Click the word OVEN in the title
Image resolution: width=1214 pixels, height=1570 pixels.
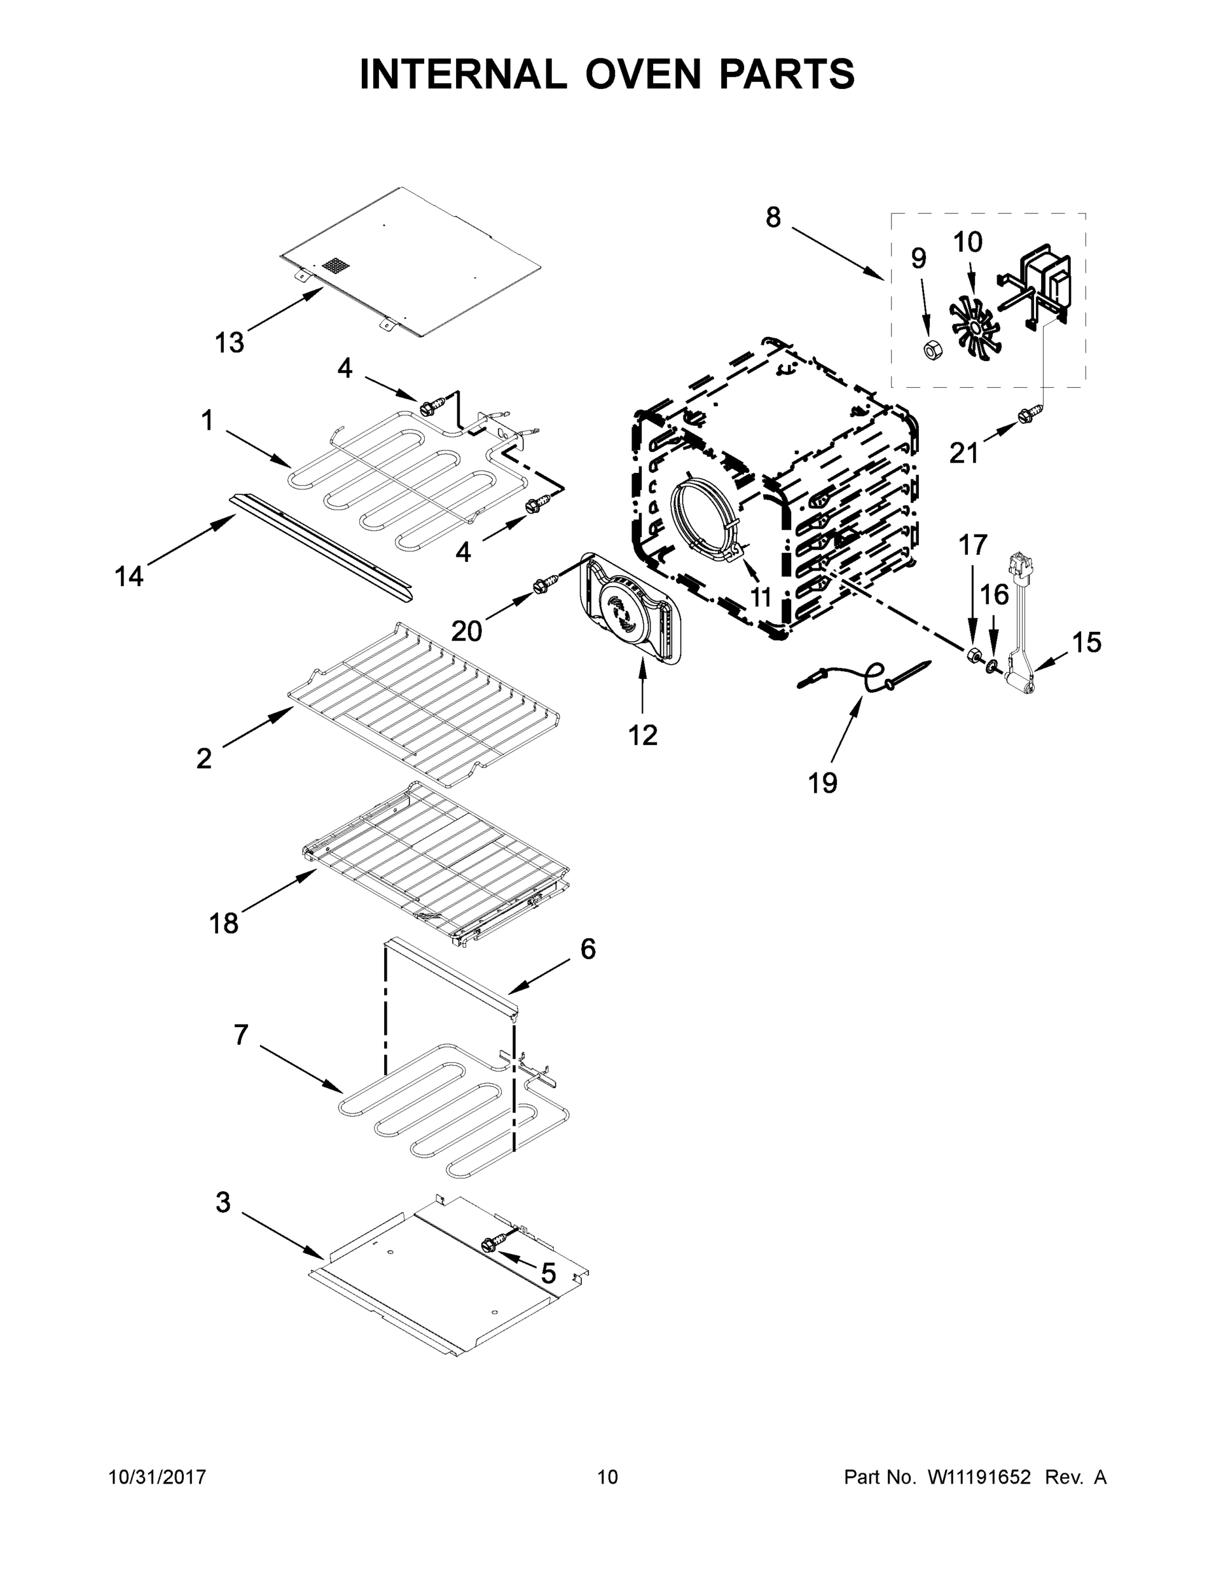coord(642,74)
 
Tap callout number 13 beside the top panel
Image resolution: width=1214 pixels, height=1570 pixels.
coord(230,343)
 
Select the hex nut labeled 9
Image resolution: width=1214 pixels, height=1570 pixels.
coord(932,350)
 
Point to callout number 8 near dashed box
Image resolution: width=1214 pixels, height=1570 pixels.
coord(773,217)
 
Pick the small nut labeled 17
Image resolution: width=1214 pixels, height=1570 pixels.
coord(973,654)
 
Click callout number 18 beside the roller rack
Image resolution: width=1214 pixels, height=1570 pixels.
coord(224,923)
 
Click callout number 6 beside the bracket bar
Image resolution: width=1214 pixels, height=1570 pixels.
coord(588,950)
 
